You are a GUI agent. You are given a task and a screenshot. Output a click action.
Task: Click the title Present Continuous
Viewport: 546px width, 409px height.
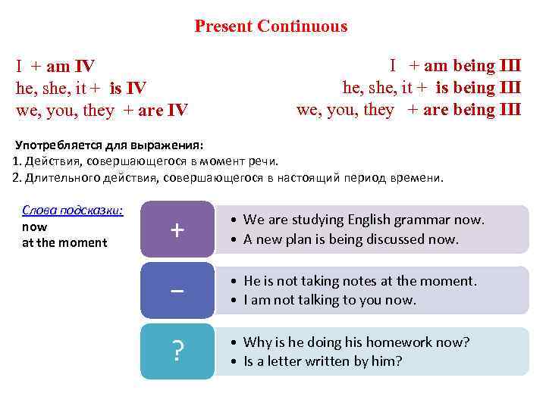pyautogui.click(x=271, y=27)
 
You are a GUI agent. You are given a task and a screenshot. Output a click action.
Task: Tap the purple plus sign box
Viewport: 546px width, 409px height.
pyautogui.click(x=177, y=229)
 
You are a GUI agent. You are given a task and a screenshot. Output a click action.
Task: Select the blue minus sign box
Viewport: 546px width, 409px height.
pyautogui.click(x=177, y=290)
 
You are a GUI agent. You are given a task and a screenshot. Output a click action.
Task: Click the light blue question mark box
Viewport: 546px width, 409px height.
pyautogui.click(x=177, y=351)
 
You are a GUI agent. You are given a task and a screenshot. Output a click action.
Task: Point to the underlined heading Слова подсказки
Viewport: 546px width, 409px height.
pyautogui.click(x=73, y=211)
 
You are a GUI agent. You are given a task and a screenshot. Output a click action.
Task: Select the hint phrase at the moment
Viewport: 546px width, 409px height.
pyautogui.click(x=64, y=242)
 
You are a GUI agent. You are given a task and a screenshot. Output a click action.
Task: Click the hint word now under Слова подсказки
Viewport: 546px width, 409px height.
pyautogui.click(x=35, y=226)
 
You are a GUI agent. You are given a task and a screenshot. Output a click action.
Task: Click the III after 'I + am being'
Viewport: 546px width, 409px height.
pyautogui.click(x=508, y=66)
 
